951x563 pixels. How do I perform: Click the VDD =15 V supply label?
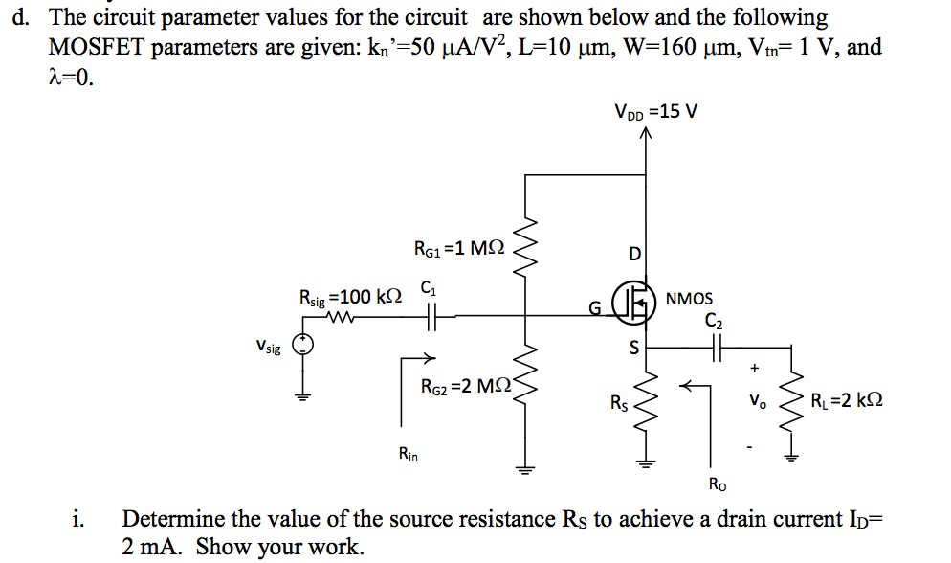656,112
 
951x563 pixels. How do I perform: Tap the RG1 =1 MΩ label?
458,249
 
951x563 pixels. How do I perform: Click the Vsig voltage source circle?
303,347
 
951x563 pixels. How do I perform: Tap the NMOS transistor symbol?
633,299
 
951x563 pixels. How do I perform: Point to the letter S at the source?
632,349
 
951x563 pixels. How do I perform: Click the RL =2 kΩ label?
846,400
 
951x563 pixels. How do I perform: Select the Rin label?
408,453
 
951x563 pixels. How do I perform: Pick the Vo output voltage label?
755,399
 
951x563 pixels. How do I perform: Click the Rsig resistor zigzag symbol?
341,318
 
